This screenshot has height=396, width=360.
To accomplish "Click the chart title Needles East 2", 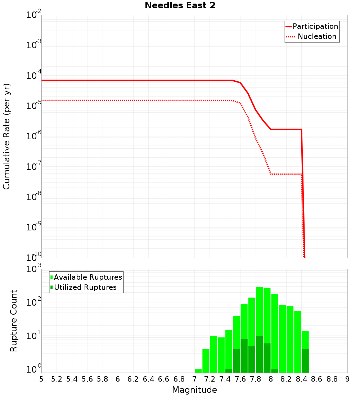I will pyautogui.click(x=180, y=5).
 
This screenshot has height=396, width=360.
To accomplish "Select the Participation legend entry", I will pyautogui.click(x=315, y=26).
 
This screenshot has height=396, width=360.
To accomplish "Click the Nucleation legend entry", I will pyautogui.click(x=316, y=36).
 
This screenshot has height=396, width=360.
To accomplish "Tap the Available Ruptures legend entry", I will pyautogui.click(x=87, y=277).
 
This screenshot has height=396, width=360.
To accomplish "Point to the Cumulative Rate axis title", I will pyautogui.click(x=6, y=137).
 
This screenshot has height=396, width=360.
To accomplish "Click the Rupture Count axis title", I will pyautogui.click(x=14, y=320).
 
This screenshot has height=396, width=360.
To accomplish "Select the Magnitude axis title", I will pyautogui.click(x=194, y=390).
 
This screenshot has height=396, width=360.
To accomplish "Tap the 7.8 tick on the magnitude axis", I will pyautogui.click(x=256, y=379).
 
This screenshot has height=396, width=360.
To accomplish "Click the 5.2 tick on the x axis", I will pyautogui.click(x=57, y=379).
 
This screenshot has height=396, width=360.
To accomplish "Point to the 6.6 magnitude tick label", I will pyautogui.click(x=164, y=379).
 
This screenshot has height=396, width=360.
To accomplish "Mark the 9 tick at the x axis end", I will pyautogui.click(x=347, y=379).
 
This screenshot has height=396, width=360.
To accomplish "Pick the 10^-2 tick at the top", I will pyautogui.click(x=33, y=15).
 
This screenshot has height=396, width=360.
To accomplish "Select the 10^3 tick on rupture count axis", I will pyautogui.click(x=33, y=269).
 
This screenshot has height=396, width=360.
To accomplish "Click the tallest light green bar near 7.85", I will pyautogui.click(x=259, y=310).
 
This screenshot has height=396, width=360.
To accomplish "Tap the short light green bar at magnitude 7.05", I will pyautogui.click(x=198, y=371).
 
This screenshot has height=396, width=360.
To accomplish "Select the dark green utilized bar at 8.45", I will pyautogui.click(x=305, y=361).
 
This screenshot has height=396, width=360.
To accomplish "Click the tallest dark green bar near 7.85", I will pyautogui.click(x=259, y=355).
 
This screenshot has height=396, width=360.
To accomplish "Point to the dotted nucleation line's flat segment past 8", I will pyautogui.click(x=286, y=174).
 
